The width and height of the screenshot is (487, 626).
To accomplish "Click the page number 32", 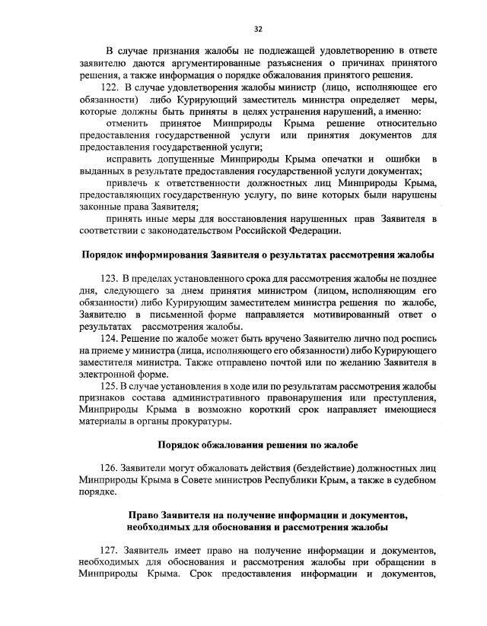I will (x=258, y=29).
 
